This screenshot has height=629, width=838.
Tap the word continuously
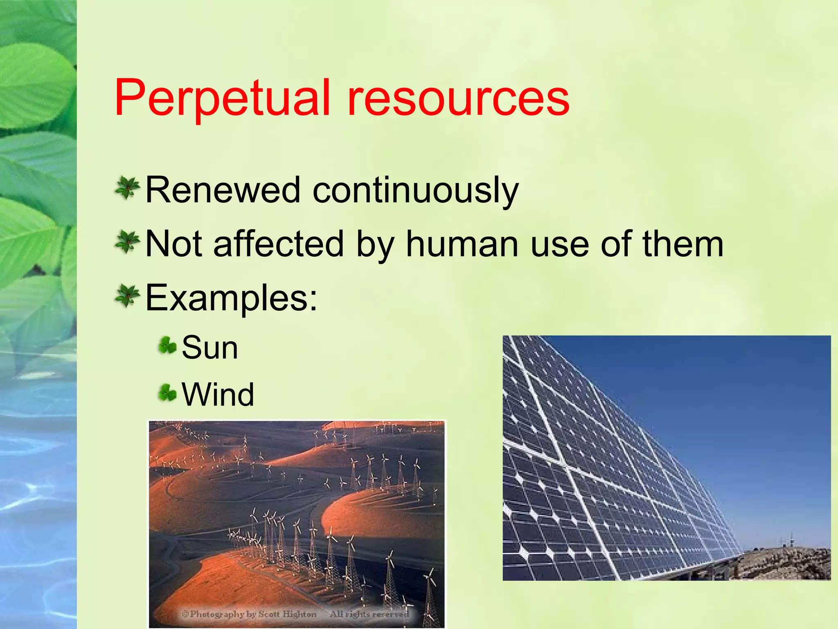click(416, 191)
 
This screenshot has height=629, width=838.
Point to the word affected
click(278, 244)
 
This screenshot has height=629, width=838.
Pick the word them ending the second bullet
click(683, 244)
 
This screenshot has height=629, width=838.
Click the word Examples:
click(231, 298)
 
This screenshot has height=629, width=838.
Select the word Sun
click(209, 348)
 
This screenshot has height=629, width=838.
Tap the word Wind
click(218, 395)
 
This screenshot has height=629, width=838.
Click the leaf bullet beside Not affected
click(127, 242)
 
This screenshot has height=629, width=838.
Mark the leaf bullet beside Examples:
click(127, 296)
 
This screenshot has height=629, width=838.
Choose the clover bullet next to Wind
click(167, 392)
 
